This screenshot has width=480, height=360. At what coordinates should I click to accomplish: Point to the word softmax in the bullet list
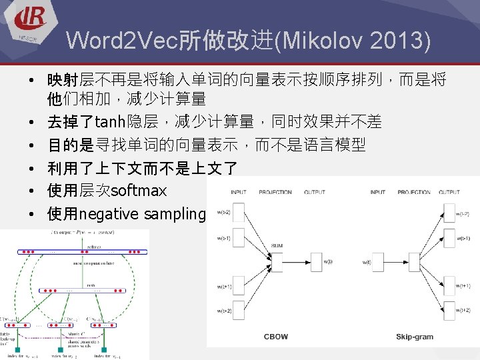[139, 191]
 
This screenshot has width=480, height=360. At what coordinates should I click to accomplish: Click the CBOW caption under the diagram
[276, 337]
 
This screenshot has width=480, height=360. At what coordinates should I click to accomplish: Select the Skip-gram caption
[414, 337]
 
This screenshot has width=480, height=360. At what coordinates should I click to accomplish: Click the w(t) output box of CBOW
[313, 262]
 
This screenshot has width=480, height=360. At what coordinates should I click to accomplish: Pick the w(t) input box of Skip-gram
[379, 262]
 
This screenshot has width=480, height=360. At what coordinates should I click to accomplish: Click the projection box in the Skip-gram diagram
[414, 262]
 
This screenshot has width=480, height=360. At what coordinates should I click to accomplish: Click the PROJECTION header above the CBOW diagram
[275, 193]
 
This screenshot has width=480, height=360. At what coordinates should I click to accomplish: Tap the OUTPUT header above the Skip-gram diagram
[448, 193]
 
